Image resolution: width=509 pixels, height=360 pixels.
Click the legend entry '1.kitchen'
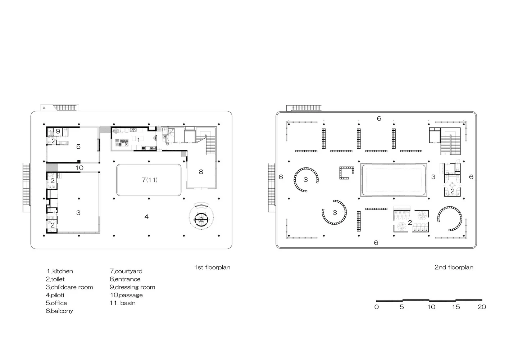[x=60, y=271]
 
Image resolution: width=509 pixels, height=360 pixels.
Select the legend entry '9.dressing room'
[x=132, y=287]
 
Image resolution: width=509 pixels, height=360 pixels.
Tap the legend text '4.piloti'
[x=55, y=295]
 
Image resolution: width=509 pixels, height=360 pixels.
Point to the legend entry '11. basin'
[x=122, y=303]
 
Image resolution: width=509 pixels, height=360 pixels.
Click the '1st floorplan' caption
[x=212, y=267]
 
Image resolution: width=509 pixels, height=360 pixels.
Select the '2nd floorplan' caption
[x=454, y=267]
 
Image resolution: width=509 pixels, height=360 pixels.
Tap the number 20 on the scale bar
[x=482, y=307]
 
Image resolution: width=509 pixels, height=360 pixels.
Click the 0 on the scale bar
[x=377, y=307]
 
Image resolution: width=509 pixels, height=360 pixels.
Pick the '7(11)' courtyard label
[x=150, y=180]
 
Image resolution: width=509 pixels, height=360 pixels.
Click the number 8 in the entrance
[x=201, y=172]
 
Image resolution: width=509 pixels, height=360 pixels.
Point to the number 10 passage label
[x=79, y=168]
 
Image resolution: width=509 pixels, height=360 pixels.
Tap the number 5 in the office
[x=78, y=147]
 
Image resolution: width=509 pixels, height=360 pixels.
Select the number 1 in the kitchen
[x=138, y=140]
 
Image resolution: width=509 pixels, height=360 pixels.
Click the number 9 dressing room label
[x=58, y=131]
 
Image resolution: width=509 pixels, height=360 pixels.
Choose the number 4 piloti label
[x=146, y=217]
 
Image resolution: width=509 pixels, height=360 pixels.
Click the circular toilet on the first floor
[x=201, y=220]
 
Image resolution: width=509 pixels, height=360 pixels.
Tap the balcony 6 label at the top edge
[x=379, y=118]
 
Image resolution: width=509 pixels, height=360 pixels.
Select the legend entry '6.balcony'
[x=59, y=311]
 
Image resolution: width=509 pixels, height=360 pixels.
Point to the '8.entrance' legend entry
[x=125, y=279]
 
